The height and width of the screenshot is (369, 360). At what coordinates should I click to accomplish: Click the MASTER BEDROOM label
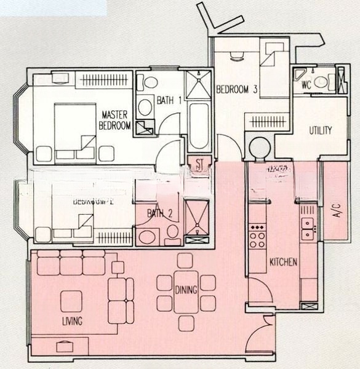(x=116, y=120)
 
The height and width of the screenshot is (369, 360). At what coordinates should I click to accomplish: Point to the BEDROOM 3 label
(x=236, y=90)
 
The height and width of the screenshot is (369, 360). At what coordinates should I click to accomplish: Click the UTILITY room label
(x=320, y=130)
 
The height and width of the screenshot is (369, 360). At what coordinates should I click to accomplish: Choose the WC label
(x=306, y=85)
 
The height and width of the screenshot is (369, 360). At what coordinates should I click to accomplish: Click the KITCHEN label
(x=283, y=262)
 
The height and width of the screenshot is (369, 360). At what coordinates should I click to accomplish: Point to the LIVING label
(x=72, y=321)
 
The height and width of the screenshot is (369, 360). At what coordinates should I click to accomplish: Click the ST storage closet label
(x=199, y=163)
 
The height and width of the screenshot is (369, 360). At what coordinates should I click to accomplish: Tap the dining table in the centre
(x=186, y=292)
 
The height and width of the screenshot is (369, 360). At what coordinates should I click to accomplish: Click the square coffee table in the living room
(x=71, y=301)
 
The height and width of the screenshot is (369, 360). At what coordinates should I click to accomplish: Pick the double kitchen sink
(x=308, y=228)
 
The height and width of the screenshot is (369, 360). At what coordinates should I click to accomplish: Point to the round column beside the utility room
(x=259, y=148)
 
